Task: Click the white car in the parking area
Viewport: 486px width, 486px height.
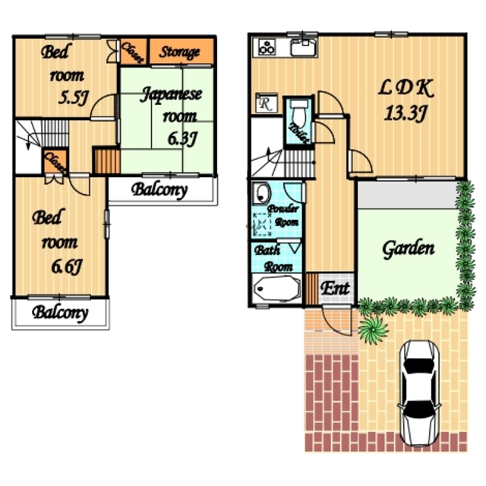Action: pos(419,393)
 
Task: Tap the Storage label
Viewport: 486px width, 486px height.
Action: pos(179,52)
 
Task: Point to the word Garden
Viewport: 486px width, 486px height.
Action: pos(409,249)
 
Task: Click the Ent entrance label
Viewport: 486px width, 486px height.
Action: pos(336,288)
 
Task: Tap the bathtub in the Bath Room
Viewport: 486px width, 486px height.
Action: pos(276,288)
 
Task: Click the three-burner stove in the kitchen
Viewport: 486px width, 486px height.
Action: pos(267,47)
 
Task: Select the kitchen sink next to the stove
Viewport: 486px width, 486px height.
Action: pos(304,47)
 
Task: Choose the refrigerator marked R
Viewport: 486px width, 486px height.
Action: pos(266,103)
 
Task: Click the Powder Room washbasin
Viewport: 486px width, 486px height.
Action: pos(261,193)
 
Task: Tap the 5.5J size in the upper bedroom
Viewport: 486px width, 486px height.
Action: pos(74,98)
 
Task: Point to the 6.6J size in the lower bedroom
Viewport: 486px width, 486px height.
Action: pos(67,267)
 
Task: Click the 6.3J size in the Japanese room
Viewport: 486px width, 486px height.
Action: pos(182,138)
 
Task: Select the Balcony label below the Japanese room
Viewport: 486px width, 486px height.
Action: pos(159,190)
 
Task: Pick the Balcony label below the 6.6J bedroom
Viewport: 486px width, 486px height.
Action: pos(60,313)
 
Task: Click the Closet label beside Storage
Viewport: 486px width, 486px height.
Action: pos(133,52)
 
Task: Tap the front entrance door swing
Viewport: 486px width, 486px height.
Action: pos(336,319)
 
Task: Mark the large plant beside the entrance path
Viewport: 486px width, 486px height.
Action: pos(373,329)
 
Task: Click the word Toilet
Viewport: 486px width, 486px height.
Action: pos(299,133)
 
